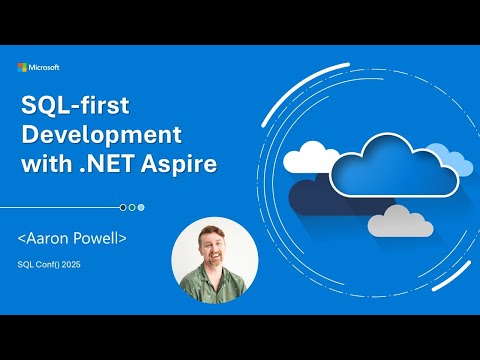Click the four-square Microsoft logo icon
pyautogui.click(x=22, y=68)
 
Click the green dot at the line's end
pyautogui.click(x=132, y=207)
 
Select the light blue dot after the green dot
pyautogui.click(x=141, y=207)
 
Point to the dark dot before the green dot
pyautogui.click(x=123, y=207)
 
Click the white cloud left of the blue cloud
pyautogui.click(x=312, y=157)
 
